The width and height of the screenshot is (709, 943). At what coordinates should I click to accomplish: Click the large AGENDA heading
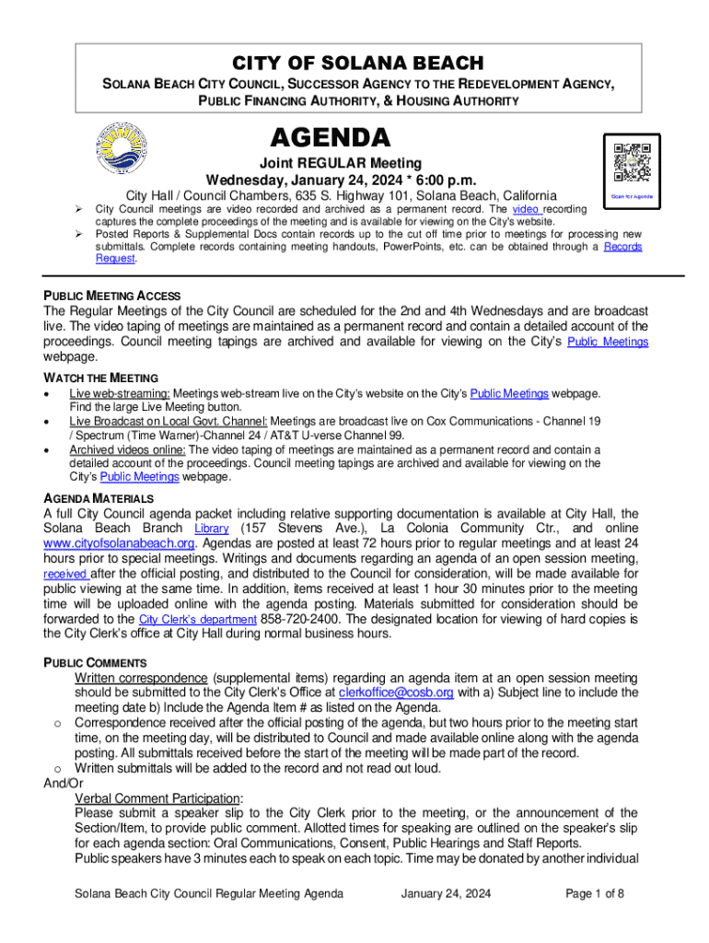coord(331,138)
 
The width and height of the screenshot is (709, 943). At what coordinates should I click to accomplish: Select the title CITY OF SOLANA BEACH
coord(356,63)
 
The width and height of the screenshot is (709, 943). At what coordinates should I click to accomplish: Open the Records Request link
coord(622,247)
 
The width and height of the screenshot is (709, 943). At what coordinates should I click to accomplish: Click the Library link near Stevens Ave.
coord(211,529)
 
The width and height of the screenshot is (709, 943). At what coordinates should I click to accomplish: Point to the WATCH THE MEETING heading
coord(100,378)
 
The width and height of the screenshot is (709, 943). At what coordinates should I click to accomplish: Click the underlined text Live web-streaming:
coord(119,393)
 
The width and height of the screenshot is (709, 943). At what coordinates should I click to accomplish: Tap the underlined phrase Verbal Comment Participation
coord(157,797)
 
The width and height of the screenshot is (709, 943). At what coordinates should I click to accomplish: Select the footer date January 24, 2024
coord(447,893)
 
